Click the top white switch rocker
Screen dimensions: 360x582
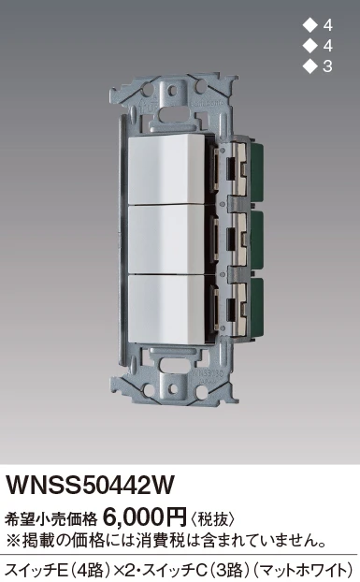coord(166,168)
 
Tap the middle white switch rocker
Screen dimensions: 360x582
coord(166,240)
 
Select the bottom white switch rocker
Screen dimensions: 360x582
coord(166,309)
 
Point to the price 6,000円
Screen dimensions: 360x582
coord(145,517)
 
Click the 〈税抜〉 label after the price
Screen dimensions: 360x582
coord(212,518)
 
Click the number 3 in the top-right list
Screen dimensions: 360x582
coord(327,66)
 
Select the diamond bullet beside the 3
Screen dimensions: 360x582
coord(310,66)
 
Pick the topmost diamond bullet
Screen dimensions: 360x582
coord(310,25)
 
